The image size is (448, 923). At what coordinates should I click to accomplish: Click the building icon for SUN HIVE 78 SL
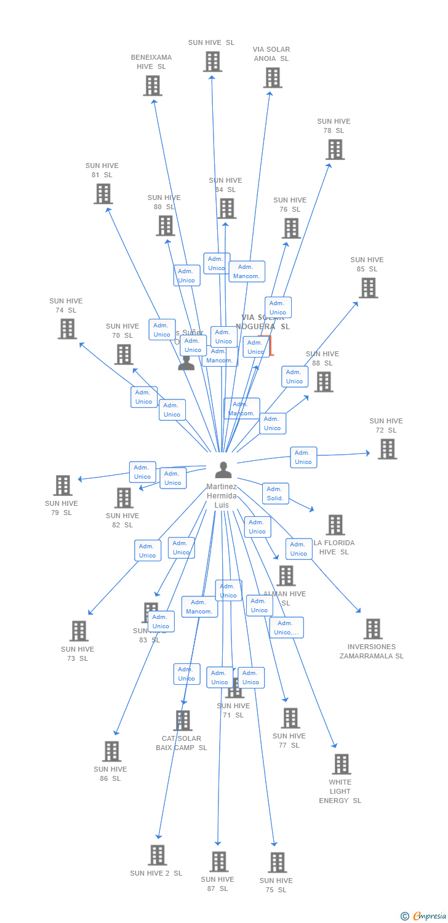coord(335,150)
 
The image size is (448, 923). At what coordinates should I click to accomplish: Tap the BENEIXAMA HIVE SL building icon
coord(153,86)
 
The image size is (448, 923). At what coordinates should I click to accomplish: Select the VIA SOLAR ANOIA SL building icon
coord(273,78)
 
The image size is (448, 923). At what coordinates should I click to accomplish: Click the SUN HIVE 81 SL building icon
coord(103,194)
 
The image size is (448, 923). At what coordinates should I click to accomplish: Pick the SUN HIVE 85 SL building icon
coord(368,288)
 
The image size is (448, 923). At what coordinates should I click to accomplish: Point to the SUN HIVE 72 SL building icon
coord(387,449)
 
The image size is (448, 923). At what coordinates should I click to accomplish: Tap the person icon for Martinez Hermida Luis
coord(223,470)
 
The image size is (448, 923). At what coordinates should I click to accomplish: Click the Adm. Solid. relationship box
coord(275,493)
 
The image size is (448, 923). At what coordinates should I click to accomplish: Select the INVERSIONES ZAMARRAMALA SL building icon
coord(373,629)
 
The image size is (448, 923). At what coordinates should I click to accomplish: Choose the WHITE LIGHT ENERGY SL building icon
coord(341,764)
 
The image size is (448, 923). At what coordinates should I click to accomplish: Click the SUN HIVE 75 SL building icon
coord(277,863)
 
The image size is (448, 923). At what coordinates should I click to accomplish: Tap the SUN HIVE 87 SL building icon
coord(218,861)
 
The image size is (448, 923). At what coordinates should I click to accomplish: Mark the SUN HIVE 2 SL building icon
coord(158,855)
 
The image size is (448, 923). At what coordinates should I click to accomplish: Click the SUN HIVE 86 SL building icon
coord(111,751)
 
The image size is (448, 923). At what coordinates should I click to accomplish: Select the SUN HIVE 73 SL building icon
coord(79,631)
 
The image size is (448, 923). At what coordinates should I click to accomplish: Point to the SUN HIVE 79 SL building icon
coord(63,485)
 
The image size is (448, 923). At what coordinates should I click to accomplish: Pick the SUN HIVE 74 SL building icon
coord(67,329)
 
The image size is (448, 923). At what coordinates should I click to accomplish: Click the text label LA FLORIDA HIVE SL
coord(334,548)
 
